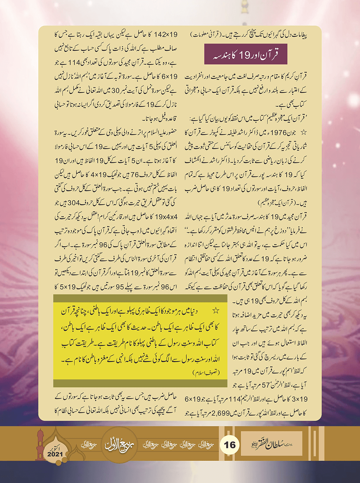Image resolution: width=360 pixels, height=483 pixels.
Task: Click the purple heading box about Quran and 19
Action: pos(246,54)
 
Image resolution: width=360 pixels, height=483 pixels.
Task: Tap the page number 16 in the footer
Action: pos(230,445)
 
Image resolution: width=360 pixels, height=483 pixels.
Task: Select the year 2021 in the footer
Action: pos(55,454)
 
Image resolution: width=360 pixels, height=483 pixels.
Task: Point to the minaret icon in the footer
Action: pos(40,444)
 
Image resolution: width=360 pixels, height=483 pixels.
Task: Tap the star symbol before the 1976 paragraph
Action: pos(304,132)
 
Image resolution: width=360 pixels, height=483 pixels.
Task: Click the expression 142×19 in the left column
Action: pos(166,35)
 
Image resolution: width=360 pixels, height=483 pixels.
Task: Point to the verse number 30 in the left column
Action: pos(116,91)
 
